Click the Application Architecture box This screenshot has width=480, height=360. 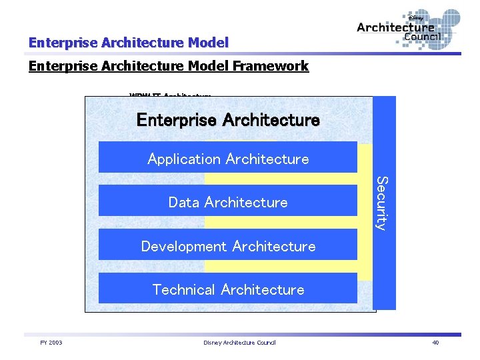coord(228,158)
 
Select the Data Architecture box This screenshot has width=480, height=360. coord(228,201)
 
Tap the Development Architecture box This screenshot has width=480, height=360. coord(228,246)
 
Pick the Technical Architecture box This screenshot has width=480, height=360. coord(228,289)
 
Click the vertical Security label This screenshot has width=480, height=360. coord(381,203)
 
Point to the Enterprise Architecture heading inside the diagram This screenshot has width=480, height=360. coord(228,120)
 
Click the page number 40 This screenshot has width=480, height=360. coord(435,343)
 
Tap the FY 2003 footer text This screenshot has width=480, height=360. coord(51,343)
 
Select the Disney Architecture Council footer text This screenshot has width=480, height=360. coord(239,343)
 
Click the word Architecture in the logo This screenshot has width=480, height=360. coord(395,27)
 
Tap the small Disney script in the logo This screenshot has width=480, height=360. coord(415,18)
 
